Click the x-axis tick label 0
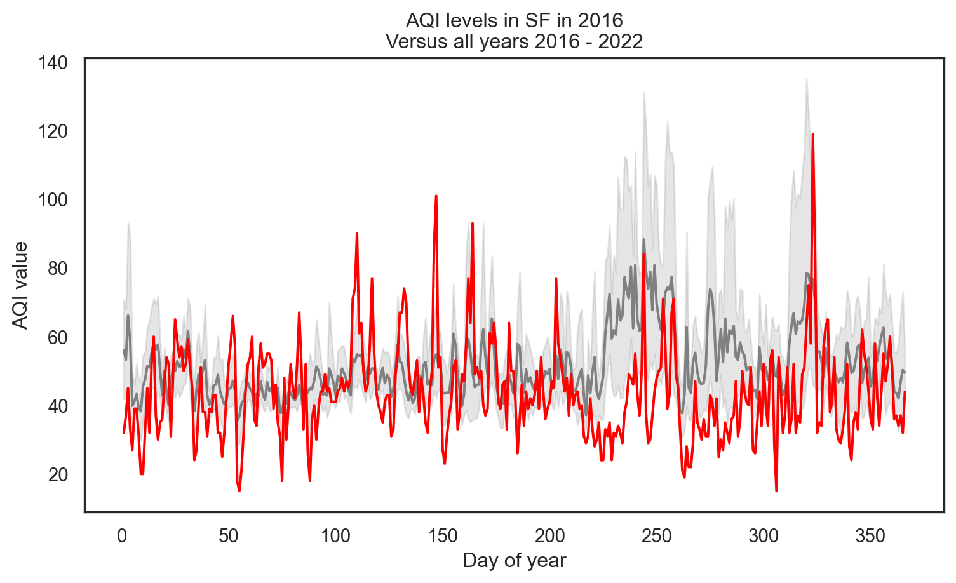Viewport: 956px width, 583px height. coord(121,535)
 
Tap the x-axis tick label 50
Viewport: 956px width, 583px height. coord(229,535)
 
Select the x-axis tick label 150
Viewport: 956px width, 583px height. coord(443,535)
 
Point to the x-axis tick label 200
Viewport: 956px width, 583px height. coord(549,535)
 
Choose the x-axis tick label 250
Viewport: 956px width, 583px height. coord(656,535)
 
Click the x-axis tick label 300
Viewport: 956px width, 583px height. coord(764,535)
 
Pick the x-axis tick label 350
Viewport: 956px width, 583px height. coord(870,535)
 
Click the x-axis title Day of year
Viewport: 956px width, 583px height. coord(514,561)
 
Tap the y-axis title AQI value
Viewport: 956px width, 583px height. coord(21,285)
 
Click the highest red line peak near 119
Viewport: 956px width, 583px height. coord(812,135)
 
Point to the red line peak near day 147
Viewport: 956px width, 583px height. coord(436,196)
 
